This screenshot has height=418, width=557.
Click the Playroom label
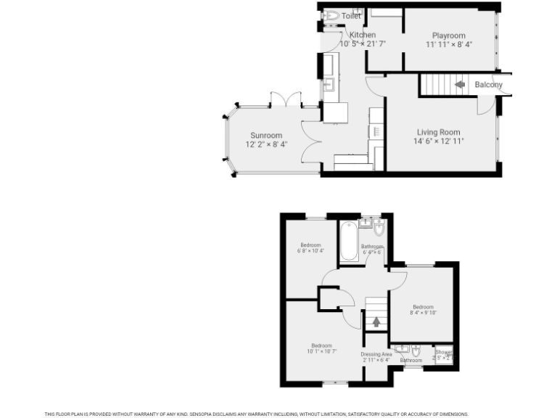pyautogui.click(x=448, y=36)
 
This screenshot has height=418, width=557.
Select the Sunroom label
pyautogui.click(x=266, y=136)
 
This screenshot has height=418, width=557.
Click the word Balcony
pyautogui.click(x=488, y=85)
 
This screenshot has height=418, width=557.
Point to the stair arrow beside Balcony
pyautogui.click(x=460, y=84)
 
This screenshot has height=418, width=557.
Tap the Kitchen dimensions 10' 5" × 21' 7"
pyautogui.click(x=362, y=44)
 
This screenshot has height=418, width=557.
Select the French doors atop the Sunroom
pyautogui.click(x=284, y=100)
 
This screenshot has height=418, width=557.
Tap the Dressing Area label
pyautogui.click(x=376, y=354)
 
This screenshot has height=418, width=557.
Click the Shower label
pyautogui.click(x=443, y=353)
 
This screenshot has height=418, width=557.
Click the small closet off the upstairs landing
pyautogui.click(x=329, y=298)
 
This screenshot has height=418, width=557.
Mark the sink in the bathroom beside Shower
pyautogui.click(x=401, y=349)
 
